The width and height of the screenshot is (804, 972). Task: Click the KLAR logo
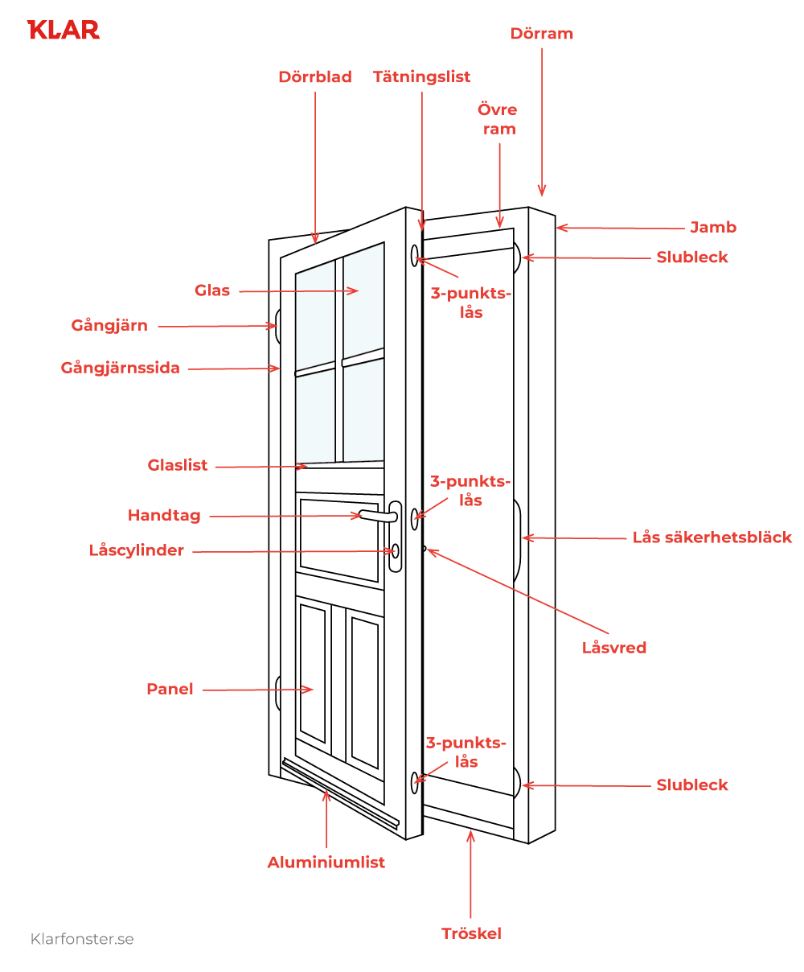64,31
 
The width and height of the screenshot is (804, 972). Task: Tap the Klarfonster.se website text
82,939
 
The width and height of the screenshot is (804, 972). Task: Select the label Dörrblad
315,77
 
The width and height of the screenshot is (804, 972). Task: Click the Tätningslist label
421,77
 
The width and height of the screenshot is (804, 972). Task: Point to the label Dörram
541,34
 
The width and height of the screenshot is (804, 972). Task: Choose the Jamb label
713,228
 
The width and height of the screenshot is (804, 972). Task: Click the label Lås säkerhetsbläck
712,537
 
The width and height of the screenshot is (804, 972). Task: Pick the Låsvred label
613,648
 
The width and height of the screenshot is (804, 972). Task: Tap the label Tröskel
471,934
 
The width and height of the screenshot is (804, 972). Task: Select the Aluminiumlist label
326,863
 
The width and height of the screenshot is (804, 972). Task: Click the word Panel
170,690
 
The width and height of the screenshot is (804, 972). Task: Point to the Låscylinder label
137,551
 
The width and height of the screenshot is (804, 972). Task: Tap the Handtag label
164,516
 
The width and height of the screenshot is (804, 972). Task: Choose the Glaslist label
178,465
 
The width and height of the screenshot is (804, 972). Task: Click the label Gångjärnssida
121,369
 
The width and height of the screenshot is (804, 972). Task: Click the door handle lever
375,516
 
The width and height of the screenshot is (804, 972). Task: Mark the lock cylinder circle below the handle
395,551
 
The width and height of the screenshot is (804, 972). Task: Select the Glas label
212,290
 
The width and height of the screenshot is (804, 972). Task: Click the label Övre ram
497,119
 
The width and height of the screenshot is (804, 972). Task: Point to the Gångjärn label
109,326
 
